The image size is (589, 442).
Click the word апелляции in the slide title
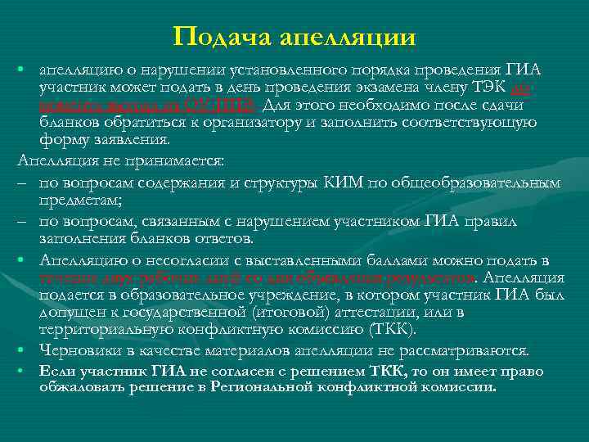(x=348, y=38)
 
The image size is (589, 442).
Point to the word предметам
(x=80, y=199)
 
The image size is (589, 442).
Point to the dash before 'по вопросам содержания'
(x=19, y=182)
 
